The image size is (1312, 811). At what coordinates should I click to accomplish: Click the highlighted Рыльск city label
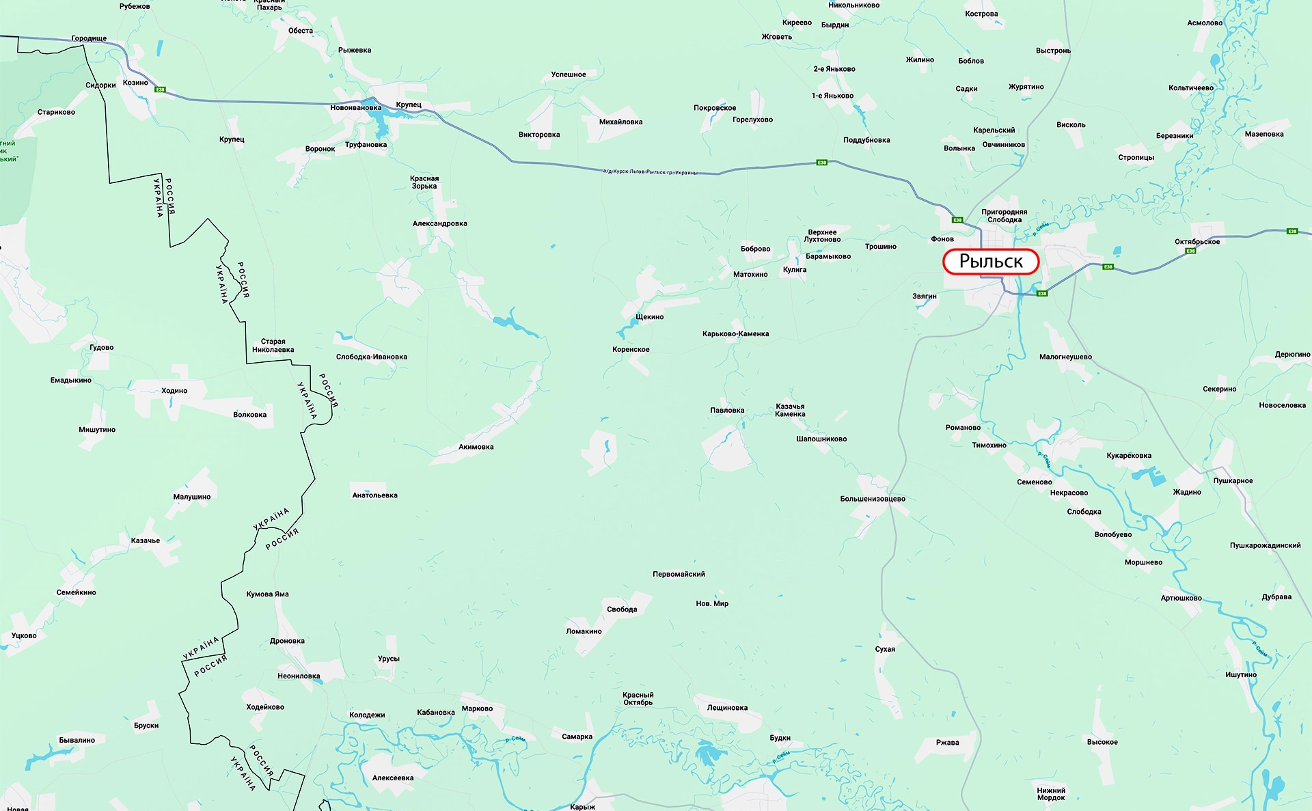click(x=990, y=262)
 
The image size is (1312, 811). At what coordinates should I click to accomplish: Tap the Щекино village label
click(x=649, y=317)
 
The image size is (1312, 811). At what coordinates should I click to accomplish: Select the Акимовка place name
click(x=476, y=447)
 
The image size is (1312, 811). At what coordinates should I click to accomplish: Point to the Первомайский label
click(x=679, y=574)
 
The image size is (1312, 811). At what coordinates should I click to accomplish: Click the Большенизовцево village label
click(x=872, y=499)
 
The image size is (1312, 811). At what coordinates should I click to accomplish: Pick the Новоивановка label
click(x=355, y=108)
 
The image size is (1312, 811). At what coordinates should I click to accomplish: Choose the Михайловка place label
click(x=620, y=122)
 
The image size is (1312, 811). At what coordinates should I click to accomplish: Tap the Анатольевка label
click(x=374, y=495)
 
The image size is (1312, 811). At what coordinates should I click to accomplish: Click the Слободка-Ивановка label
click(x=371, y=357)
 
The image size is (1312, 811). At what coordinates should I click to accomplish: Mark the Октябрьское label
click(x=1197, y=242)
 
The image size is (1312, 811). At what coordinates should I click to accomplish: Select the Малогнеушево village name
click(x=1065, y=357)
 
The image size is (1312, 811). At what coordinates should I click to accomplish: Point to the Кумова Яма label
click(x=267, y=594)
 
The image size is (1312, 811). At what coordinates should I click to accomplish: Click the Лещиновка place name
click(x=727, y=708)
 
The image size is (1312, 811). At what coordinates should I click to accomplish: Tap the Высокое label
click(x=1102, y=742)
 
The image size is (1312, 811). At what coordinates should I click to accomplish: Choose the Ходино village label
click(x=174, y=391)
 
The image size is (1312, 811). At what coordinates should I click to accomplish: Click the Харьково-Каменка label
click(x=735, y=334)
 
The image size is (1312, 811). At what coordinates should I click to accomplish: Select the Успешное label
click(x=568, y=74)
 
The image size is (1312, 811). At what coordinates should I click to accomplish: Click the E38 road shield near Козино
click(x=160, y=90)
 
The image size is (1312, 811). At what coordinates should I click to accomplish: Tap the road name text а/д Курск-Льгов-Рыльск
click(x=650, y=172)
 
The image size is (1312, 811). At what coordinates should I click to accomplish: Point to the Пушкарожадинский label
click(x=1265, y=545)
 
